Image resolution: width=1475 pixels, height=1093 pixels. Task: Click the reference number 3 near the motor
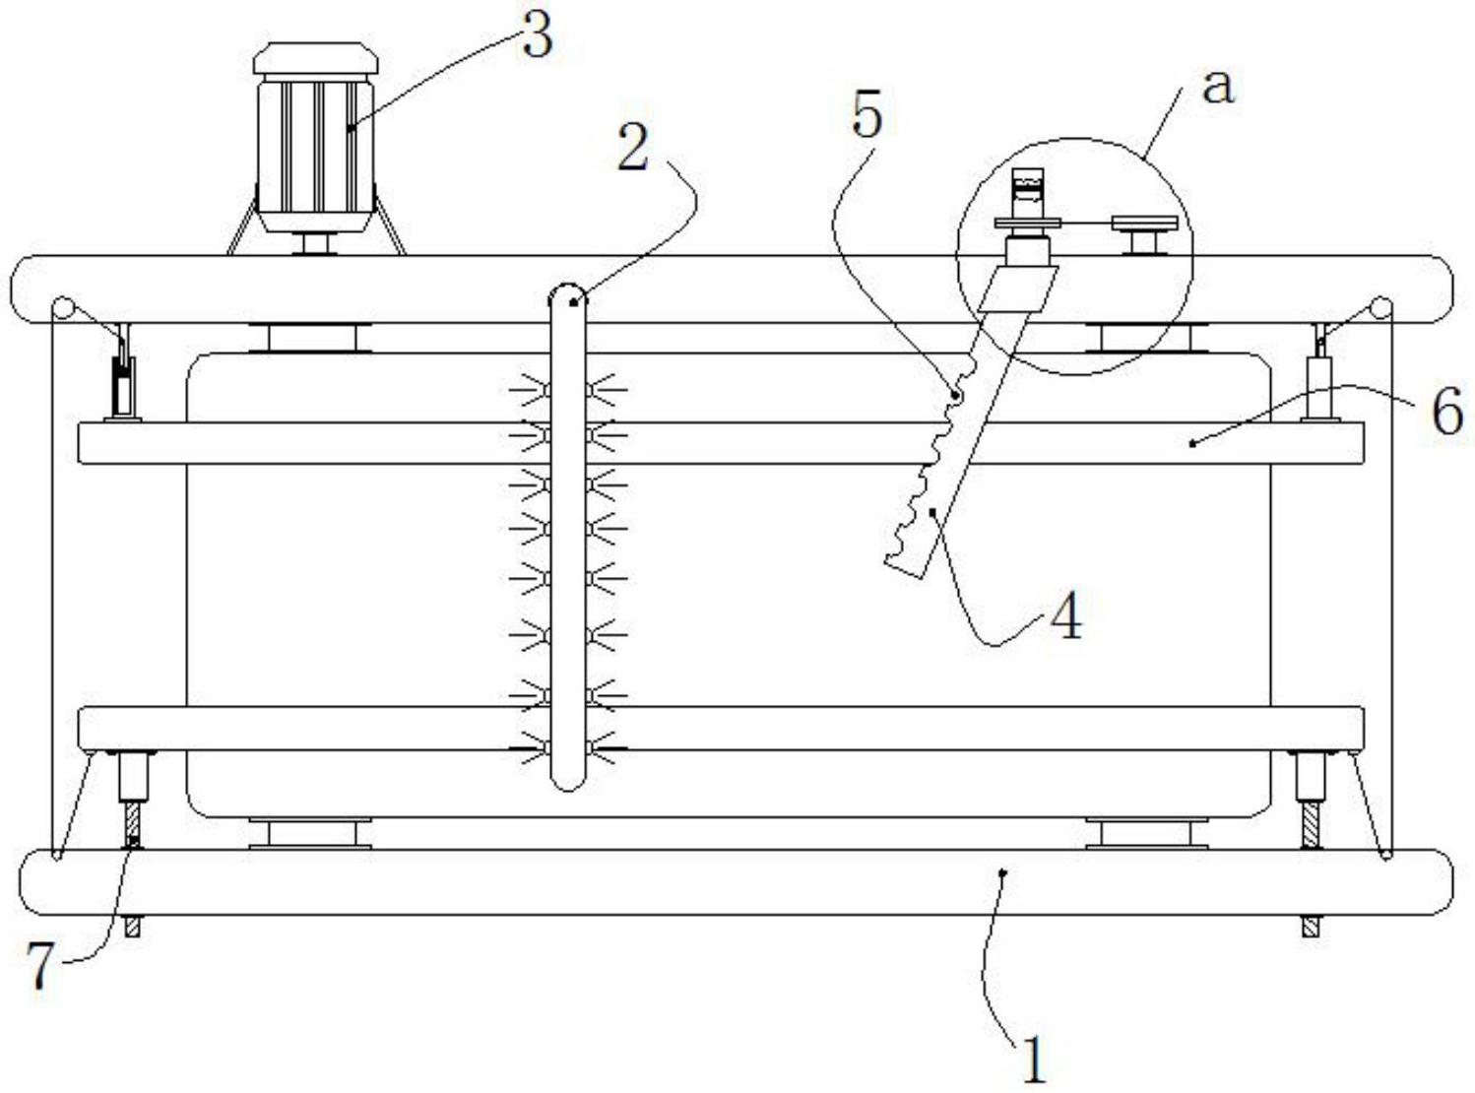point(537,37)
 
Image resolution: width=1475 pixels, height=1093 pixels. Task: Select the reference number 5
point(866,116)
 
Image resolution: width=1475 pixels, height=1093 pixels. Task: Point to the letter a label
point(1218,87)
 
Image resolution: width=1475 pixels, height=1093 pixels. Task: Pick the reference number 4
point(1066,618)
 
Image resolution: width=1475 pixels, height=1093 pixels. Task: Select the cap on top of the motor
point(315,58)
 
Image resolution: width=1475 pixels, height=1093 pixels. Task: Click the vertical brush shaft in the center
point(567,537)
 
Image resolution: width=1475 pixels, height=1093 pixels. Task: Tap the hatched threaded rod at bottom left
point(133,825)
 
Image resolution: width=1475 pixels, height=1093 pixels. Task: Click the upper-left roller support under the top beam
point(310,338)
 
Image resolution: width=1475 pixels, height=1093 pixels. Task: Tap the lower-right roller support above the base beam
point(1146,833)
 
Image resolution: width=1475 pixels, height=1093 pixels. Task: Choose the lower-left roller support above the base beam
point(310,833)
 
